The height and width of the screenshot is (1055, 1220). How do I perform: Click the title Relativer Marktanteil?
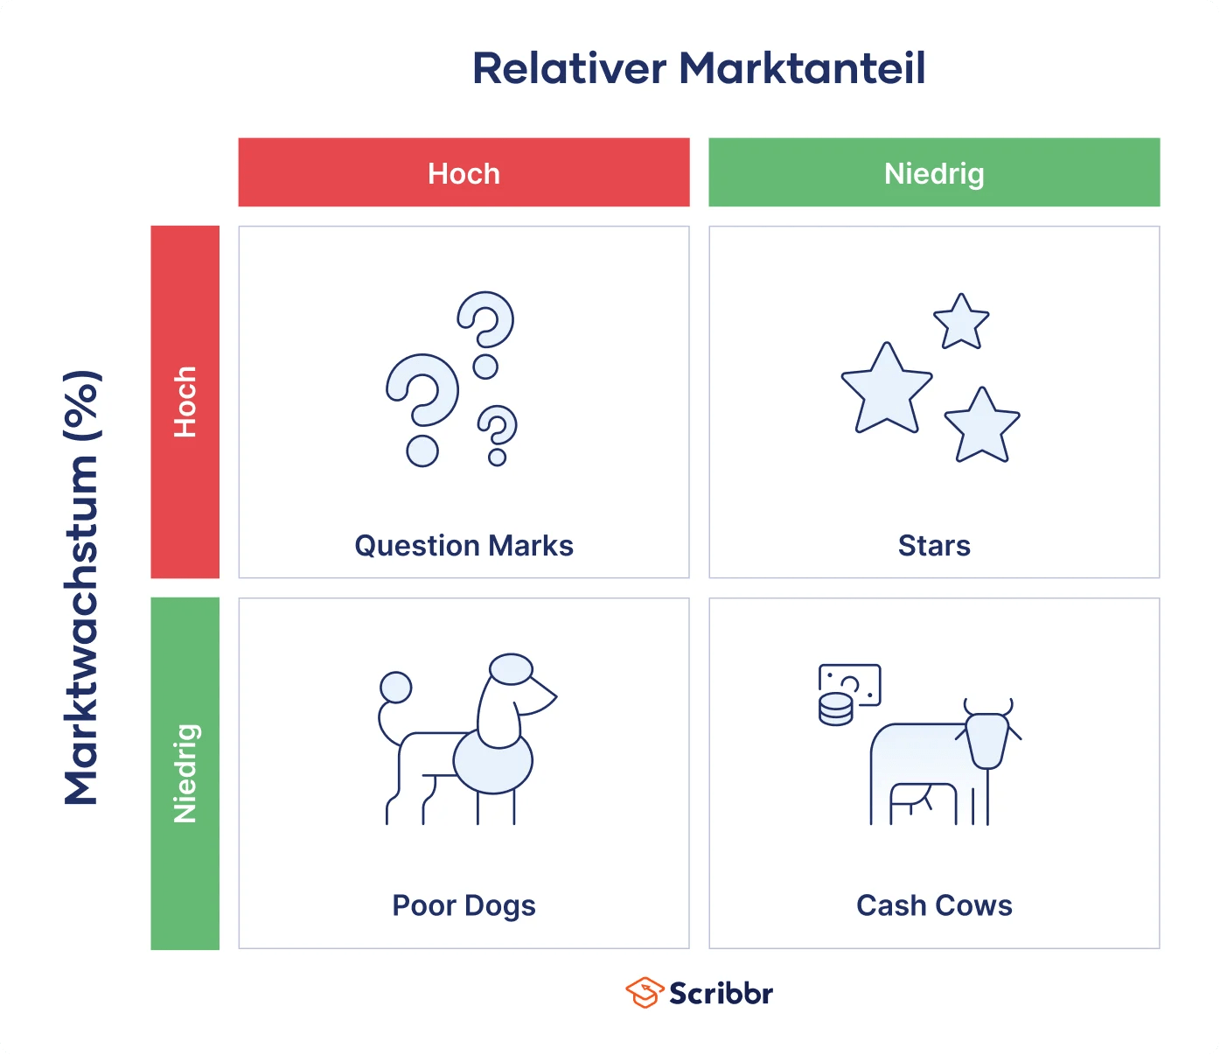(x=699, y=69)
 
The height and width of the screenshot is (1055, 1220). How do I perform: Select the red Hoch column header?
(x=464, y=173)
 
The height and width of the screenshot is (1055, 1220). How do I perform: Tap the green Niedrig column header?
(x=934, y=173)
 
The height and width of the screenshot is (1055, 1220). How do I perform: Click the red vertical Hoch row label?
(x=185, y=402)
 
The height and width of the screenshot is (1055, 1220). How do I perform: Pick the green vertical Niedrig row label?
(x=185, y=773)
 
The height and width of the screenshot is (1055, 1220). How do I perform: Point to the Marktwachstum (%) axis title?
(x=82, y=587)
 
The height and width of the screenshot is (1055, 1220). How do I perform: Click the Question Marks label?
(x=464, y=546)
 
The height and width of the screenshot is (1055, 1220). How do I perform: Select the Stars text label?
(x=934, y=546)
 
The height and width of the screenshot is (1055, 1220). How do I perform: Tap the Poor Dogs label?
(x=464, y=905)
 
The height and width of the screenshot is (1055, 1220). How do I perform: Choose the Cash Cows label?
(x=934, y=905)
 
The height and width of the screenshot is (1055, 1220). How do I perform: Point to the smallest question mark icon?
(x=498, y=433)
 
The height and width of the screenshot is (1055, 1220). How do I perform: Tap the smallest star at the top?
(x=961, y=322)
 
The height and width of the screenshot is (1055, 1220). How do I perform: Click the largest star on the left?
(x=887, y=390)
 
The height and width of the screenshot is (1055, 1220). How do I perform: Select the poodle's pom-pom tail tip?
(x=396, y=688)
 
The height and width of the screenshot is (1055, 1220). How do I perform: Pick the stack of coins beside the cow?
(x=835, y=709)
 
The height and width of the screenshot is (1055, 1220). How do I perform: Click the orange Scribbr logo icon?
(x=645, y=993)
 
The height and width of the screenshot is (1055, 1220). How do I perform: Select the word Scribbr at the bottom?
(x=722, y=994)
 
